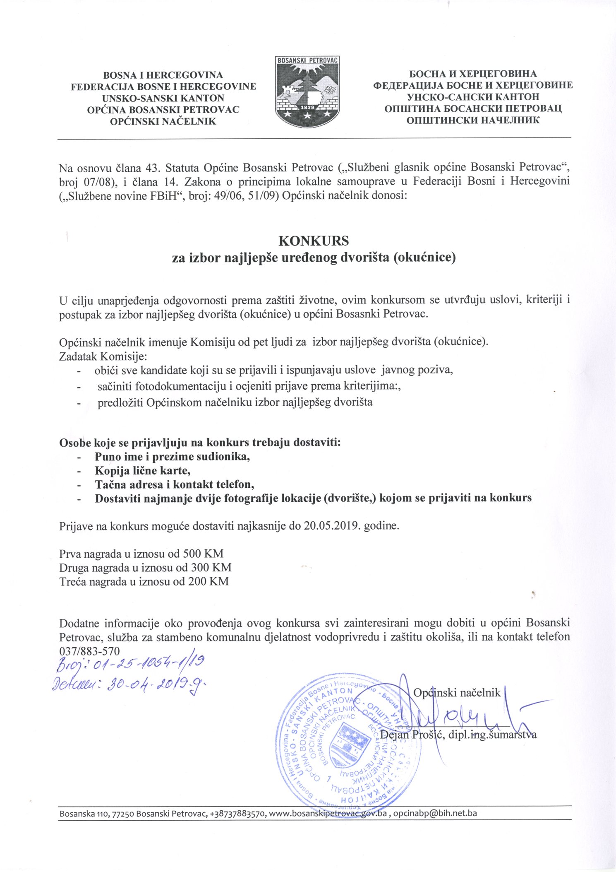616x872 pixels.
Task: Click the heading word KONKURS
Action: click(x=314, y=241)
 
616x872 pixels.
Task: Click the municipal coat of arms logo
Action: click(x=307, y=92)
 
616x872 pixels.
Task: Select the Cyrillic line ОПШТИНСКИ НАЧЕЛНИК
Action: click(x=473, y=120)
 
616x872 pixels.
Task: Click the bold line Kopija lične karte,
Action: click(x=143, y=470)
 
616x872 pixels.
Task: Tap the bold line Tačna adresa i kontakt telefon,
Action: click(x=175, y=484)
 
